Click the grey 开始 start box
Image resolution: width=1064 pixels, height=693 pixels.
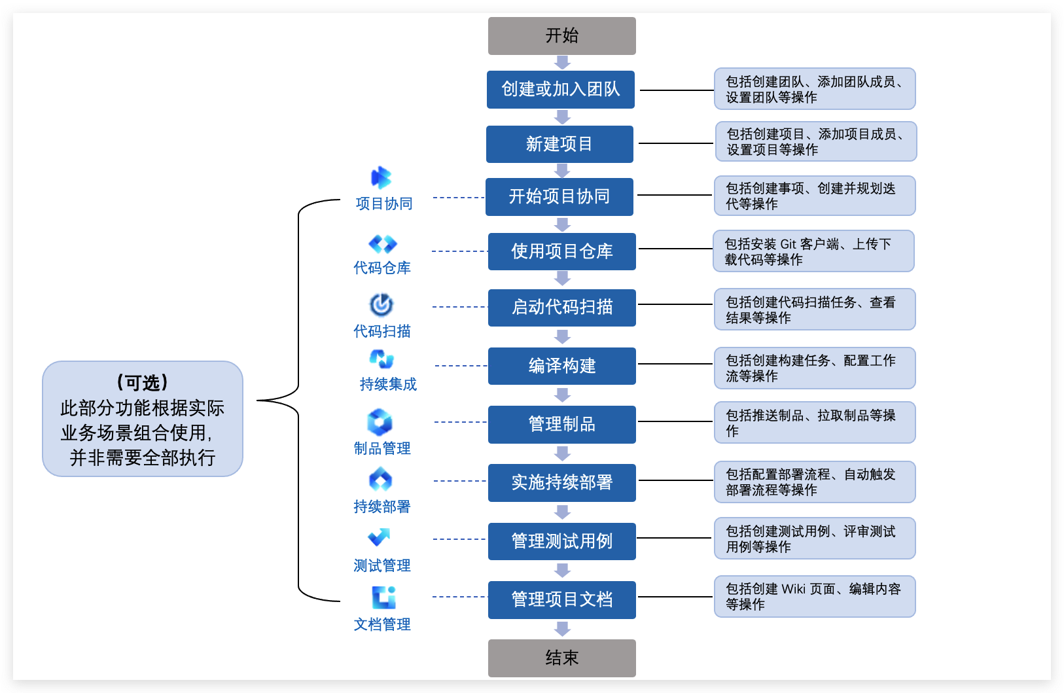coord(561,36)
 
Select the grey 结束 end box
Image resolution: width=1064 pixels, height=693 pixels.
coord(561,658)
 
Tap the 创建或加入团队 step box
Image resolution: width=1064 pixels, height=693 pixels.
coord(561,90)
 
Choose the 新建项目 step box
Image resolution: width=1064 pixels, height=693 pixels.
coord(559,144)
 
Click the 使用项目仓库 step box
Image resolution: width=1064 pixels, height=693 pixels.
coord(561,251)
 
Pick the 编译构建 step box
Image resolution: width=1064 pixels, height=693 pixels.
coord(561,366)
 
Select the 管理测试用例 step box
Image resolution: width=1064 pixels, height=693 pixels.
coord(561,541)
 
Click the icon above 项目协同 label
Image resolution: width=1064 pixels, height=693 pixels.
coord(381,177)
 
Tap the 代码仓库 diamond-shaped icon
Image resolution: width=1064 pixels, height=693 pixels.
coord(382,244)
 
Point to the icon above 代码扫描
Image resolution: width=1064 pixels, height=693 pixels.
coord(381,305)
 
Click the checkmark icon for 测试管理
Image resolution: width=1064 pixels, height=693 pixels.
coord(380,537)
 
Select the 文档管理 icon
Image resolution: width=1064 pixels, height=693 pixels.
coord(383,597)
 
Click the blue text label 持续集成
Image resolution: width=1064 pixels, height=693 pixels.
coord(388,384)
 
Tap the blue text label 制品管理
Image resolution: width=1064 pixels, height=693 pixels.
coord(382,448)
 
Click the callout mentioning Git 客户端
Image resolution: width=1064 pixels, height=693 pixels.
coord(813,251)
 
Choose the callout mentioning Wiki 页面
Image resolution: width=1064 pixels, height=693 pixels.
coord(814,596)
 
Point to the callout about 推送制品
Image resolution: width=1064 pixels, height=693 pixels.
coord(814,423)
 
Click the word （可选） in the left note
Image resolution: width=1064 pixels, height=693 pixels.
coord(143,383)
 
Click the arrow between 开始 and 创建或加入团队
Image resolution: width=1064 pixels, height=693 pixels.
coord(562,63)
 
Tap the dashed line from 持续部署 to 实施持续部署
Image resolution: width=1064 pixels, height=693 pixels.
coord(459,481)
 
